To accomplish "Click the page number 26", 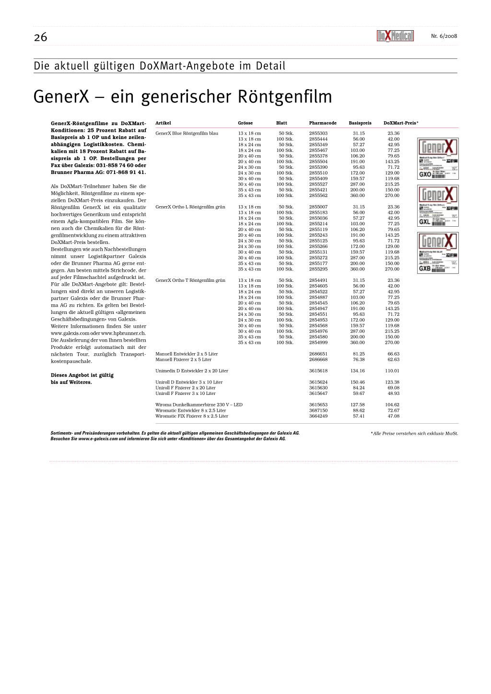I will point(41,37).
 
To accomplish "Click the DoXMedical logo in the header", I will point(395,36).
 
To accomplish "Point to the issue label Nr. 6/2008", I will point(444,36).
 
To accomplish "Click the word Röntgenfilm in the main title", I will point(285,97).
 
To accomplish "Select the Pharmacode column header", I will point(323,123).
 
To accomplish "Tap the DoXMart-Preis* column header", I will point(401,123).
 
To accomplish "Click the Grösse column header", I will point(245,123).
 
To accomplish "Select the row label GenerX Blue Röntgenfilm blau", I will point(187,133).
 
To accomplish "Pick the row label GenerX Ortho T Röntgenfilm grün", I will point(190,280).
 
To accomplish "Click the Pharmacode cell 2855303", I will point(318,133).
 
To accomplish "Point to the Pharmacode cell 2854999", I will point(318,343).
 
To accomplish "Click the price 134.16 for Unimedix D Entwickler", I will point(357,371).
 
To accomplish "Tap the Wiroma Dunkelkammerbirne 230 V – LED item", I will point(199,405).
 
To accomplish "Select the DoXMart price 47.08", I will point(393,416).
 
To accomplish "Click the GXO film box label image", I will point(438,159).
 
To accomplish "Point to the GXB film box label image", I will point(438,253).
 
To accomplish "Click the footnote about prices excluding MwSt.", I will point(414,434).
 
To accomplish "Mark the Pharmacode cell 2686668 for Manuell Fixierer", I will point(318,359).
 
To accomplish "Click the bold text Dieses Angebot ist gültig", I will point(82,375).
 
